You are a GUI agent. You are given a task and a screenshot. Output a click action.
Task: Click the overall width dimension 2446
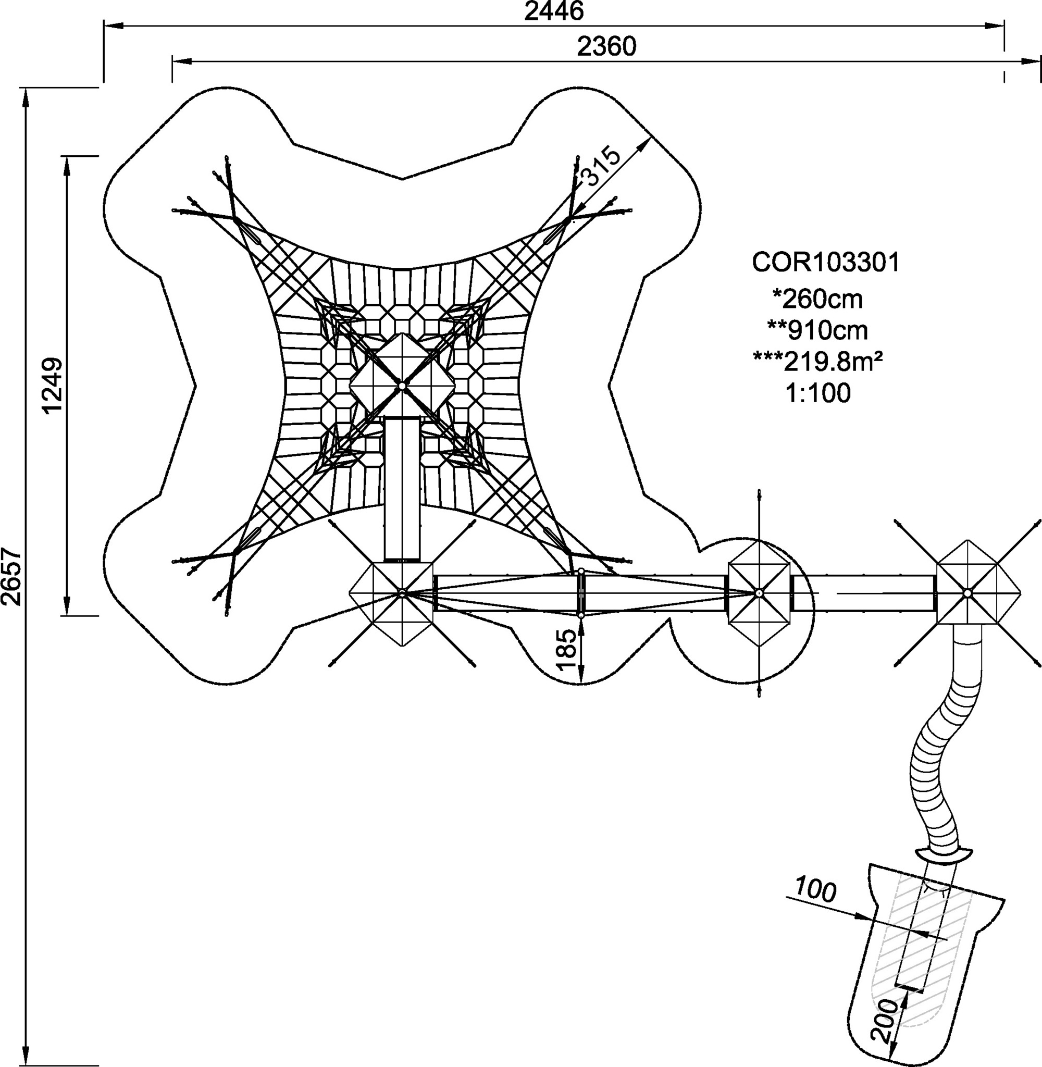point(554,11)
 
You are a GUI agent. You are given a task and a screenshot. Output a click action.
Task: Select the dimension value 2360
point(607,47)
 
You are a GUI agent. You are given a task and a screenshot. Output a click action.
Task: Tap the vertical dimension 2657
point(11,577)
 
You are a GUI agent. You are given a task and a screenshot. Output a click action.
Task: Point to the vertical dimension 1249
point(54,386)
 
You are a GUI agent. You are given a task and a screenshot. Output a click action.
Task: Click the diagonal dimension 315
point(600,166)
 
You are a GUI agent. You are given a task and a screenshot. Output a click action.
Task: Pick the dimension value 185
point(566,650)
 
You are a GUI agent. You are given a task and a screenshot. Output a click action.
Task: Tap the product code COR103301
point(826,263)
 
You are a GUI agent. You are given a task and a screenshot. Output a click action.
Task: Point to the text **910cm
point(817,330)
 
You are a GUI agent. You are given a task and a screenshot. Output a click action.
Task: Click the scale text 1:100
point(818,393)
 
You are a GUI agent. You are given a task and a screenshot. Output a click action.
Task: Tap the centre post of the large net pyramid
point(402,386)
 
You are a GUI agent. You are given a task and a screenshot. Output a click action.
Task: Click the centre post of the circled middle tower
point(759,593)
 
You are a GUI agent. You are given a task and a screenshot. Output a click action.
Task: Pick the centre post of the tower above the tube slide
point(967,593)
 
